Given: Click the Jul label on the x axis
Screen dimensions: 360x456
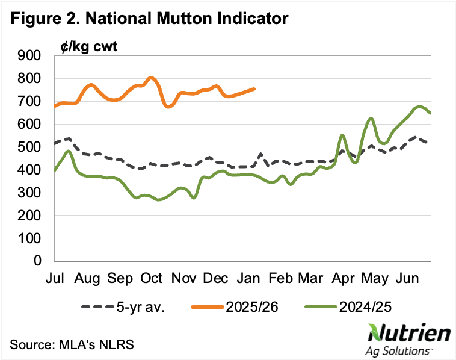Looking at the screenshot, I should [55, 278].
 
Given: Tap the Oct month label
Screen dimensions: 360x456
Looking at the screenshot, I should [152, 278].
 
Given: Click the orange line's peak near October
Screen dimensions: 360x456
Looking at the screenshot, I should [150, 77].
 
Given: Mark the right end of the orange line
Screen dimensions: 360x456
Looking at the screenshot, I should [254, 88].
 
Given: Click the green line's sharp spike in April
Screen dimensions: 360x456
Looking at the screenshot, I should [342, 135].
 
